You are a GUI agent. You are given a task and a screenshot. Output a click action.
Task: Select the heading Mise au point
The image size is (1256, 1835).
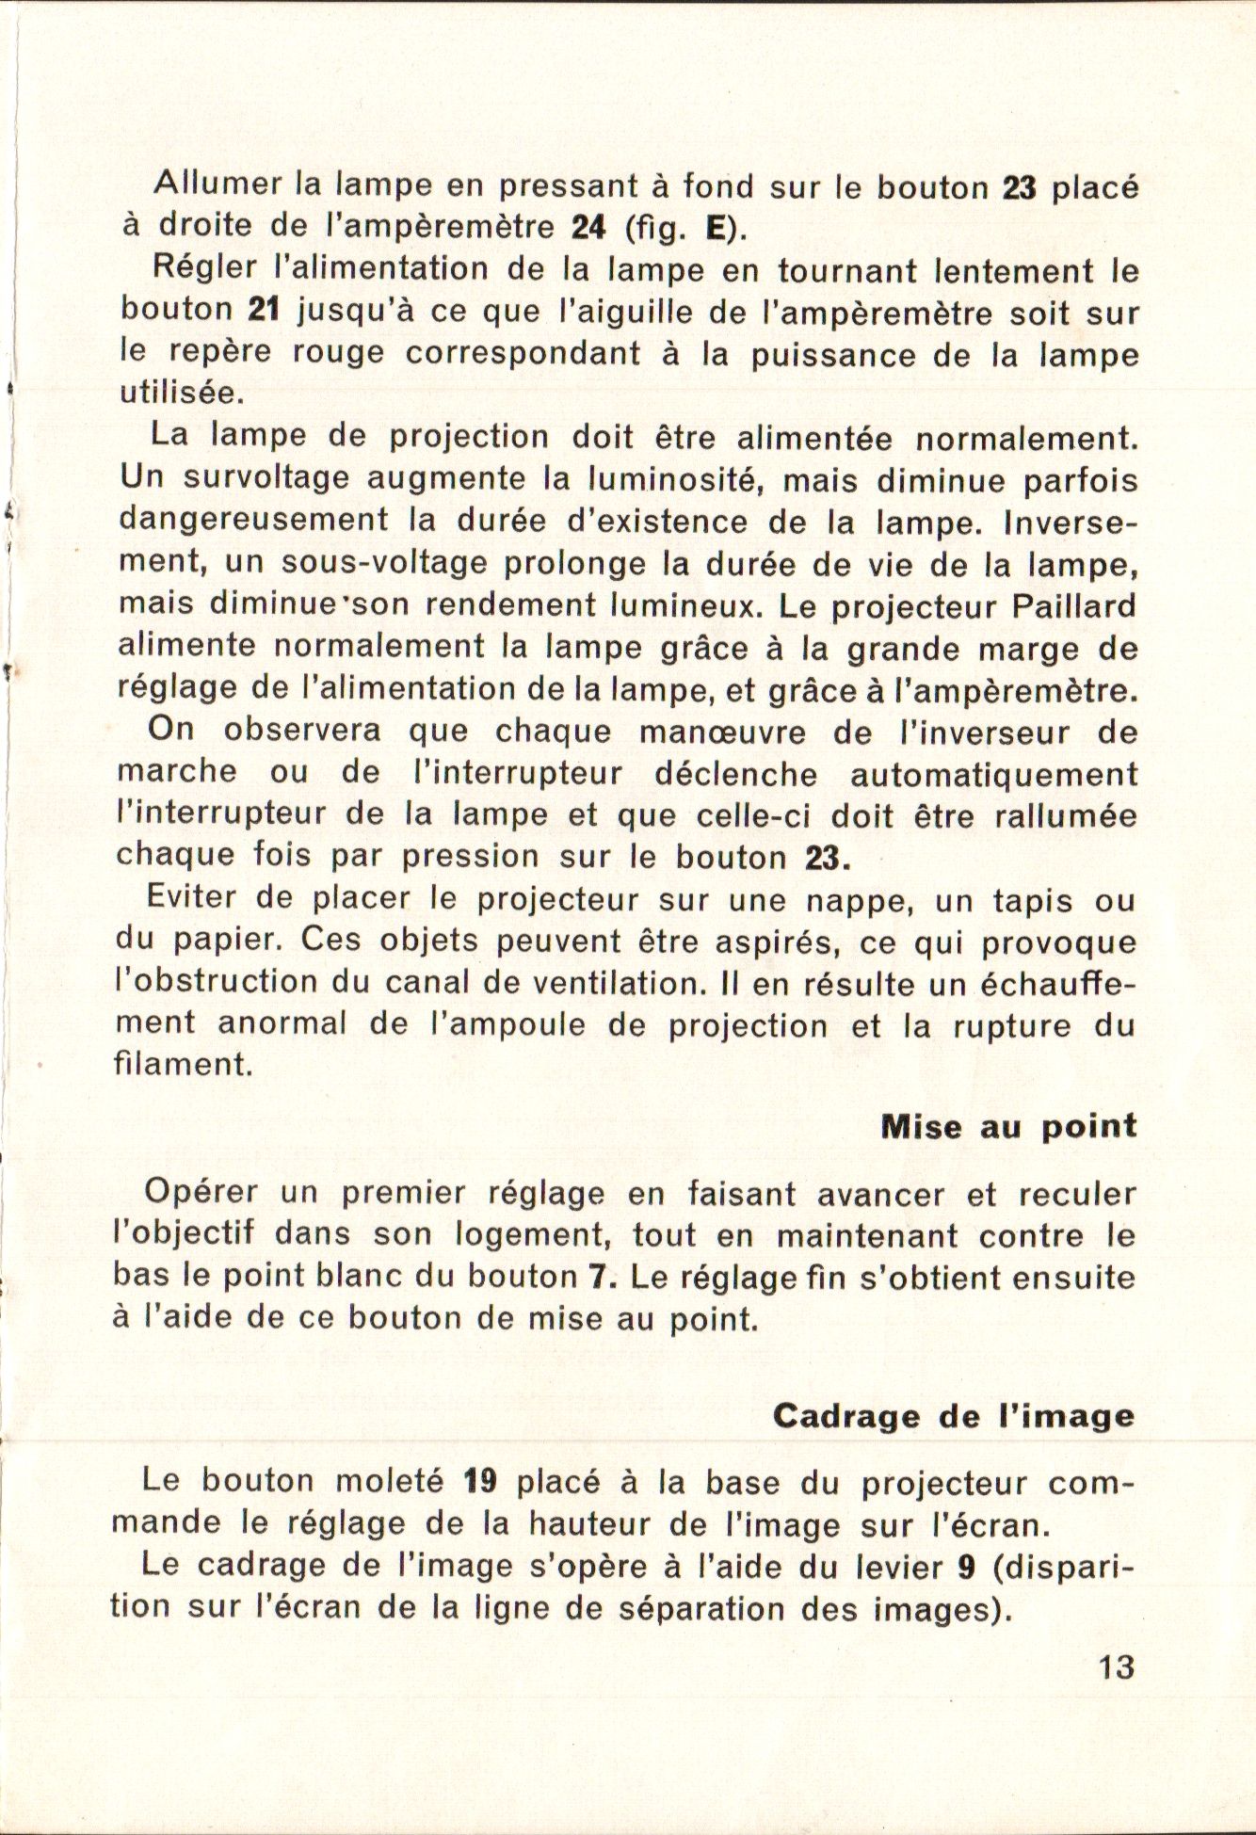1008,1127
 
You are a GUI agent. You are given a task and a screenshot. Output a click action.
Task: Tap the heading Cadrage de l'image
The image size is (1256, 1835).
953,1417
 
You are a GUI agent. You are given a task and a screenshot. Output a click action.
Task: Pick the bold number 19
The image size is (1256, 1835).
480,1482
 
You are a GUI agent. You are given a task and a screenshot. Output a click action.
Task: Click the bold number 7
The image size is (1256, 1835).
595,1278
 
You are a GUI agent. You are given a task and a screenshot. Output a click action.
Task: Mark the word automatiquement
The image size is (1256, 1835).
993,774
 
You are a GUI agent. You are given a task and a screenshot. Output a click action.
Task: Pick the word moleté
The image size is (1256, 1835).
390,1482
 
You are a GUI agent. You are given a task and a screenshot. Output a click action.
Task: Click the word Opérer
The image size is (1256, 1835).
200,1193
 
